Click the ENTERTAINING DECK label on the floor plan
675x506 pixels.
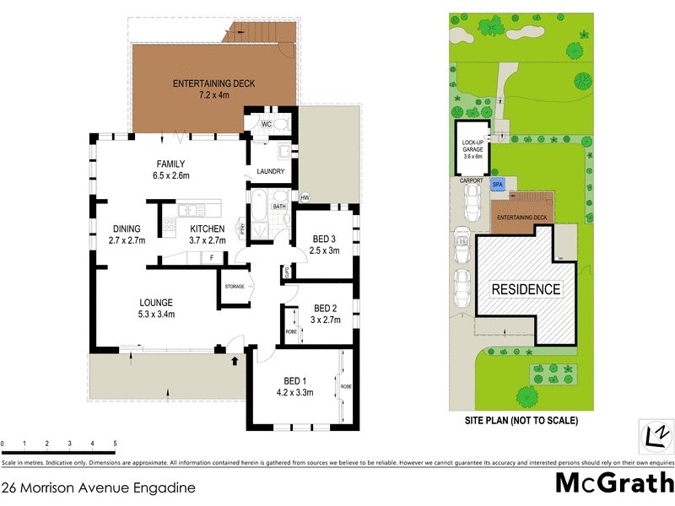pyautogui.click(x=213, y=83)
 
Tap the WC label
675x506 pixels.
pyautogui.click(x=266, y=125)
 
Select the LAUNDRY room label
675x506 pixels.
pyautogui.click(x=270, y=172)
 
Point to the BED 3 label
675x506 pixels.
pyautogui.click(x=323, y=239)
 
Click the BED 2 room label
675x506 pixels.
pyautogui.click(x=325, y=308)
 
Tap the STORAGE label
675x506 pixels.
pyautogui.click(x=234, y=287)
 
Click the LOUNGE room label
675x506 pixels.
pyautogui.click(x=156, y=303)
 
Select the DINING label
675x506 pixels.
pyautogui.click(x=127, y=229)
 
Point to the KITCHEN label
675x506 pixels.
pyautogui.click(x=207, y=229)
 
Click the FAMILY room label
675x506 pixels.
pyautogui.click(x=170, y=164)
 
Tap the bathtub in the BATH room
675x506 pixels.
pyautogui.click(x=258, y=207)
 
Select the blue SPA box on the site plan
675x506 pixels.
pyautogui.click(x=497, y=184)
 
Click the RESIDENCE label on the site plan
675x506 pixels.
pyautogui.click(x=526, y=289)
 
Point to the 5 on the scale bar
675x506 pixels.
pyautogui.click(x=115, y=443)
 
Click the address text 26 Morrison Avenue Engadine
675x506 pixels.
pyautogui.click(x=99, y=487)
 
